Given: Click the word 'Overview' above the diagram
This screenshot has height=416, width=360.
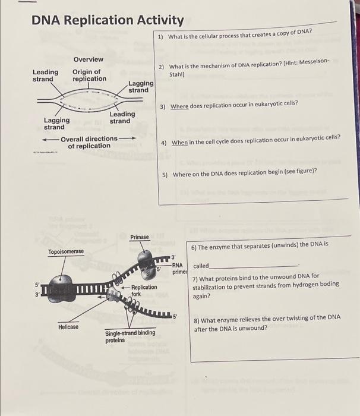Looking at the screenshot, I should click(x=88, y=59).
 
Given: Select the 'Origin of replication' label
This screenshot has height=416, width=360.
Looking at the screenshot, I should click(x=90, y=75).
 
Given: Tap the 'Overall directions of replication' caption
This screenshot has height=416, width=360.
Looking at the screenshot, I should click(x=89, y=142).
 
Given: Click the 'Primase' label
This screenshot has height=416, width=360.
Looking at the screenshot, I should click(x=140, y=237).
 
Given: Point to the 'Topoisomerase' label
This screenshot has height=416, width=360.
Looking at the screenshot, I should click(x=66, y=252).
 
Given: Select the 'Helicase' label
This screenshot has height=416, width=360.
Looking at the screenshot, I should click(x=68, y=327).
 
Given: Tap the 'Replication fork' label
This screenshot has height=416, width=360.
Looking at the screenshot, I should click(x=144, y=290).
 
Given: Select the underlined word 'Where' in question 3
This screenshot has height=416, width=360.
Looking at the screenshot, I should click(x=179, y=106).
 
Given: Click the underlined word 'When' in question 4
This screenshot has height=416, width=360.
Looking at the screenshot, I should click(x=179, y=143).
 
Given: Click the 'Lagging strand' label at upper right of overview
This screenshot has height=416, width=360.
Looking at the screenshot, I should click(x=141, y=87).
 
